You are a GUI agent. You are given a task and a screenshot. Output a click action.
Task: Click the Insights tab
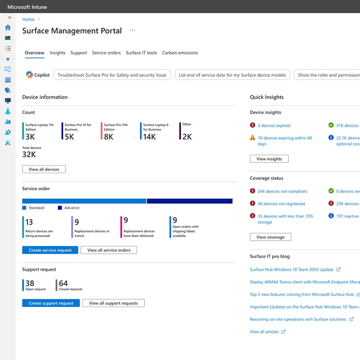coord(57,53)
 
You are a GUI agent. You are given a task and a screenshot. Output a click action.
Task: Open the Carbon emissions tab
coord(180,53)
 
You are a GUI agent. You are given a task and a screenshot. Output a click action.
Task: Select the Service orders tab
coord(106,53)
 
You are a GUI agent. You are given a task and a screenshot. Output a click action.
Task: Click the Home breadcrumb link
coord(28,19)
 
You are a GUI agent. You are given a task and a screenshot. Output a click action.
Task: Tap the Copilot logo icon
coord(29,75)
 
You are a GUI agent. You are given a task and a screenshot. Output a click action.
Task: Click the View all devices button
coord(44,169)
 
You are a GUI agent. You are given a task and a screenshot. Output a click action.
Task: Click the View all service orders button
coord(109,250)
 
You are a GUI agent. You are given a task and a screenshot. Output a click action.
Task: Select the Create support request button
coord(51,303)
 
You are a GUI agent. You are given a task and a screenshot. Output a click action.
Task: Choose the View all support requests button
coord(113,303)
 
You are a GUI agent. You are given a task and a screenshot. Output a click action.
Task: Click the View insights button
coord(269,159)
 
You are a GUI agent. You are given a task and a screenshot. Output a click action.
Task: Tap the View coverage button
coord(270,237)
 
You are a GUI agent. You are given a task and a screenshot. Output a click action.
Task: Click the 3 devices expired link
coord(274,126)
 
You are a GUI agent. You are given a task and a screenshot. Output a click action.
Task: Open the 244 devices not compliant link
coord(279,191)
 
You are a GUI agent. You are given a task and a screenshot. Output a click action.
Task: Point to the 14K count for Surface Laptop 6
coord(149,137)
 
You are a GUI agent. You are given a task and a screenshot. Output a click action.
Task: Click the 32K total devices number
coord(29,155)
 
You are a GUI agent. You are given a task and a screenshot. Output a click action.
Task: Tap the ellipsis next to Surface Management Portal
coord(132,30)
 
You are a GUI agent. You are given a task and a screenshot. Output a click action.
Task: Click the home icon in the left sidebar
coord(8,27)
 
